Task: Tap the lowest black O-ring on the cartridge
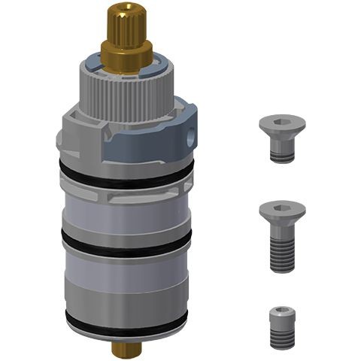tap(124, 320)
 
